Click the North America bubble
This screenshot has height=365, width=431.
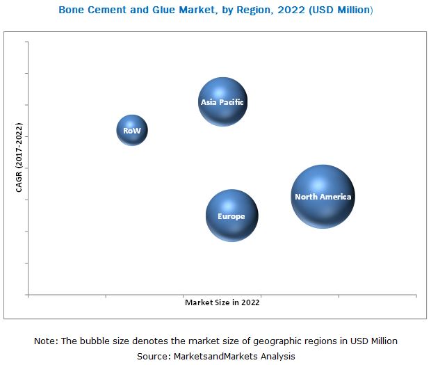tap(323, 197)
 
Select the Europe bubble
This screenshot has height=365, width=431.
tap(231, 216)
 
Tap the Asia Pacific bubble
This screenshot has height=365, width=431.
tap(222, 102)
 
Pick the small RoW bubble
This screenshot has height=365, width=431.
tap(132, 130)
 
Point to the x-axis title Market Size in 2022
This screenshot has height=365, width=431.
tap(222, 302)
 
